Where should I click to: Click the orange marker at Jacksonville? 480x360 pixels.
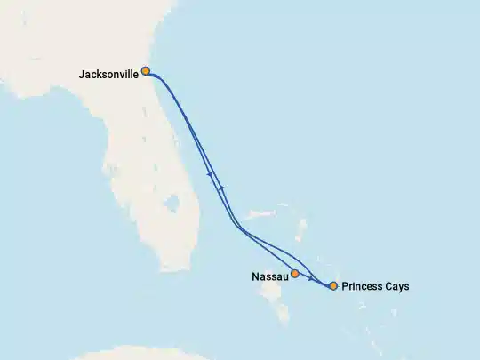145,71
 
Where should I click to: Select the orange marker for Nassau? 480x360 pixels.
294,274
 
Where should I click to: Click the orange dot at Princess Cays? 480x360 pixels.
333,286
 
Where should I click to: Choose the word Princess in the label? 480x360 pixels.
363,286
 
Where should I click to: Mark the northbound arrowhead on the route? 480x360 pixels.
222,186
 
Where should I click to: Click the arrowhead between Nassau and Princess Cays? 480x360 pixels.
321,283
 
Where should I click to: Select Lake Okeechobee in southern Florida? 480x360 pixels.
171,204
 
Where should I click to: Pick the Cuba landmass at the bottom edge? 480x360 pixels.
133,354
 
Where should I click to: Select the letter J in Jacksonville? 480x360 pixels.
82,75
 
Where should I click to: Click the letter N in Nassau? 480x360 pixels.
255,277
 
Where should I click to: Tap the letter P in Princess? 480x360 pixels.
345,286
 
